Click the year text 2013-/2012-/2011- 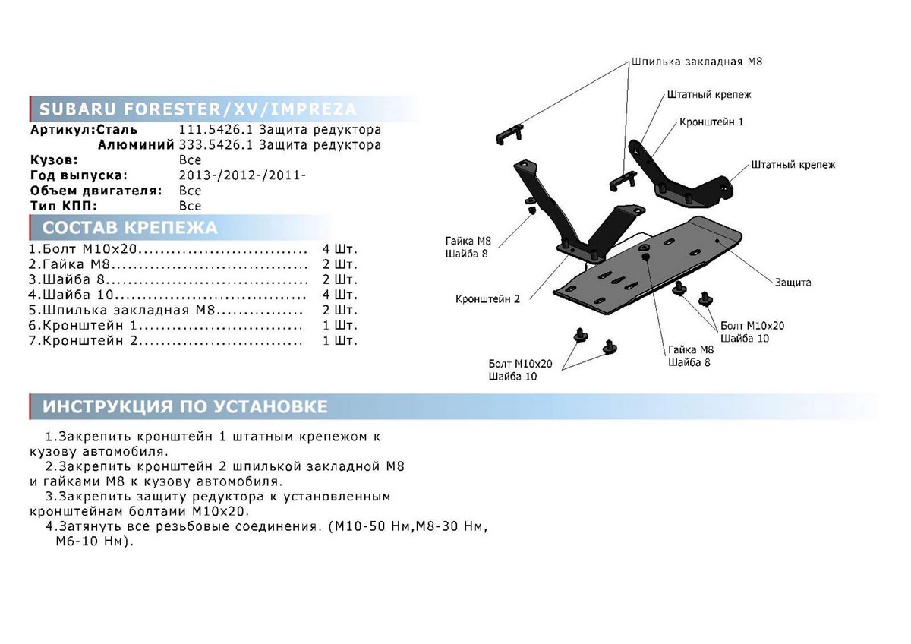pyautogui.click(x=243, y=175)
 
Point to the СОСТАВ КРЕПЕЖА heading pyautogui.click(x=129, y=228)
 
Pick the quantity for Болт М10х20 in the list pyautogui.click(x=339, y=249)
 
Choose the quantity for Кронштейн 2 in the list pyautogui.click(x=339, y=340)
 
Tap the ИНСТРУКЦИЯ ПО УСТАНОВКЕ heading pyautogui.click(x=185, y=407)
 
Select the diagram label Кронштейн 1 pyautogui.click(x=711, y=122)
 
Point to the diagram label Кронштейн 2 pyautogui.click(x=487, y=299)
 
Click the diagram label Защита pyautogui.click(x=793, y=282)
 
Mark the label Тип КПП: pyautogui.click(x=64, y=206)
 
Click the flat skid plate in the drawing pyautogui.click(x=653, y=266)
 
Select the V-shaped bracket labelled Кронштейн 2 pyautogui.click(x=577, y=220)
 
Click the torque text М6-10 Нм pyautogui.click(x=93, y=542)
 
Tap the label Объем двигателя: pyautogui.click(x=96, y=191)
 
